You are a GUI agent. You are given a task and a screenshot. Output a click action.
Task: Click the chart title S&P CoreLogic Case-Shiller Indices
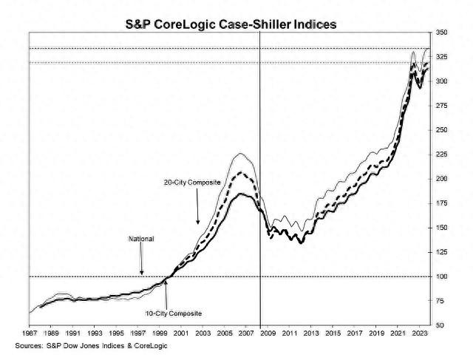(231, 24)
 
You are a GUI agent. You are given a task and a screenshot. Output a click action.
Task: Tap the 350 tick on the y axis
(441, 33)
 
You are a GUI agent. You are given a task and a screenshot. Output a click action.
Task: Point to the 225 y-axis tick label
(441, 154)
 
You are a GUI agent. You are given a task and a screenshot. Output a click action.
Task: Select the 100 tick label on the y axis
(441, 276)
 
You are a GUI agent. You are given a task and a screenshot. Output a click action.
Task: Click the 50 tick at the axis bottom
(440, 325)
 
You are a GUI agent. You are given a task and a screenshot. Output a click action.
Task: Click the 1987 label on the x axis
(30, 334)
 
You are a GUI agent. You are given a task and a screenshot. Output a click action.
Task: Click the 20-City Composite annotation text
(191, 182)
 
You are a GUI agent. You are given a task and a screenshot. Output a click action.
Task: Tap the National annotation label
(141, 239)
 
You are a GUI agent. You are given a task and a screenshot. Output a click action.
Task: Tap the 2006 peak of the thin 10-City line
(240, 154)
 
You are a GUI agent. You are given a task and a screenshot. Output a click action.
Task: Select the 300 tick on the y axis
(441, 82)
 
